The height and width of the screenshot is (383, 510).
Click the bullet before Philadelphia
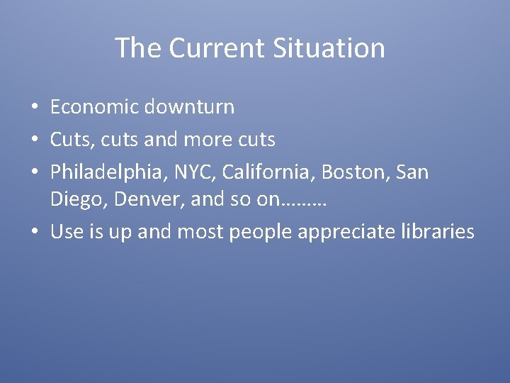tap(34, 172)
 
